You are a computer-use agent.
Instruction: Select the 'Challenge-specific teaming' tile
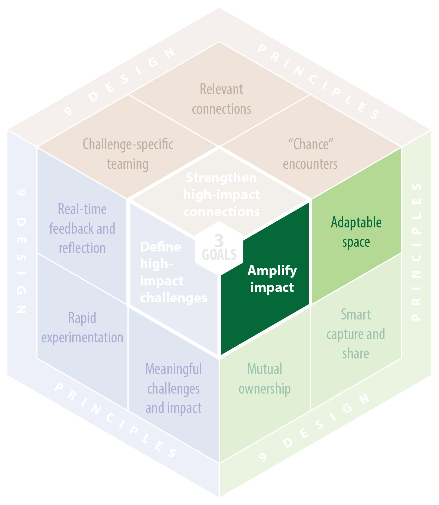128,154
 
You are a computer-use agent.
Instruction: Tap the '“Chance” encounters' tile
310,154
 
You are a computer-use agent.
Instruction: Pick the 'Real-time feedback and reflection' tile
82,228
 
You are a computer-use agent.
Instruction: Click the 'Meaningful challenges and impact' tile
174,388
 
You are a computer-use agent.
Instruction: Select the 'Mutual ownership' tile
264,379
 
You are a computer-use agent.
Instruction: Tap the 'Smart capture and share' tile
356,334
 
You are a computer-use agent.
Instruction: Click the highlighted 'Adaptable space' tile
356,232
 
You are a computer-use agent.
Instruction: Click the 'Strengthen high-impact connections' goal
221,194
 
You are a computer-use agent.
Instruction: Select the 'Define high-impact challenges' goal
169,272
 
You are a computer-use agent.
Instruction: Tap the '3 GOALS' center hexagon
219,248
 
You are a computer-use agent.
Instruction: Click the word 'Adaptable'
356,222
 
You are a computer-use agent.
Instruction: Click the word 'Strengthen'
221,178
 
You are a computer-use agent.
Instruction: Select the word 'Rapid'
82,318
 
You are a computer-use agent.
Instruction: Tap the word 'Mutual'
264,369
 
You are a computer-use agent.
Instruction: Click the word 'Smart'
356,315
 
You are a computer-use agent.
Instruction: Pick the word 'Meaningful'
174,369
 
